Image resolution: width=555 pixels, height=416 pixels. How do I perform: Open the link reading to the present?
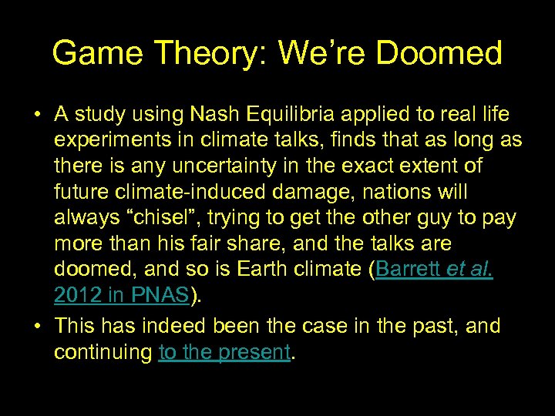224,352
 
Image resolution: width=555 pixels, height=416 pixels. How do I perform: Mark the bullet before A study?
37,116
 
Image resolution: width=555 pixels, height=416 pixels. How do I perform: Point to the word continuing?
103,352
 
